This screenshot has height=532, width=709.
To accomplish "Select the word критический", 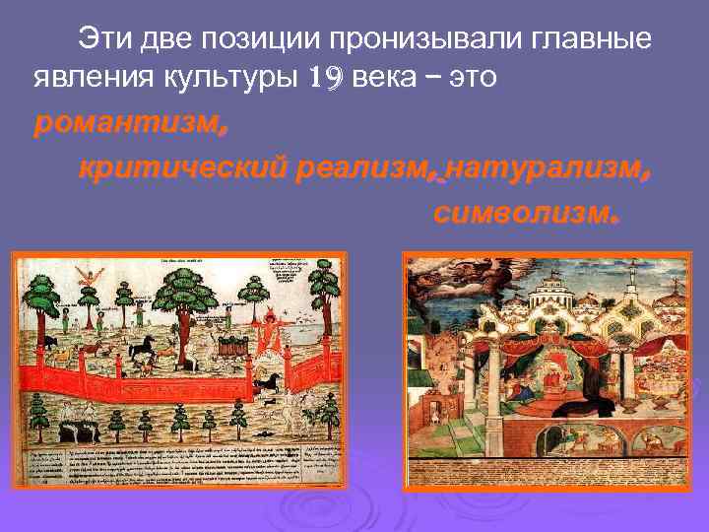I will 181,168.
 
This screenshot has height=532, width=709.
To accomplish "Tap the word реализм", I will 359,168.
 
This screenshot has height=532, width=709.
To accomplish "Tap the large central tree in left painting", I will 183,296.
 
